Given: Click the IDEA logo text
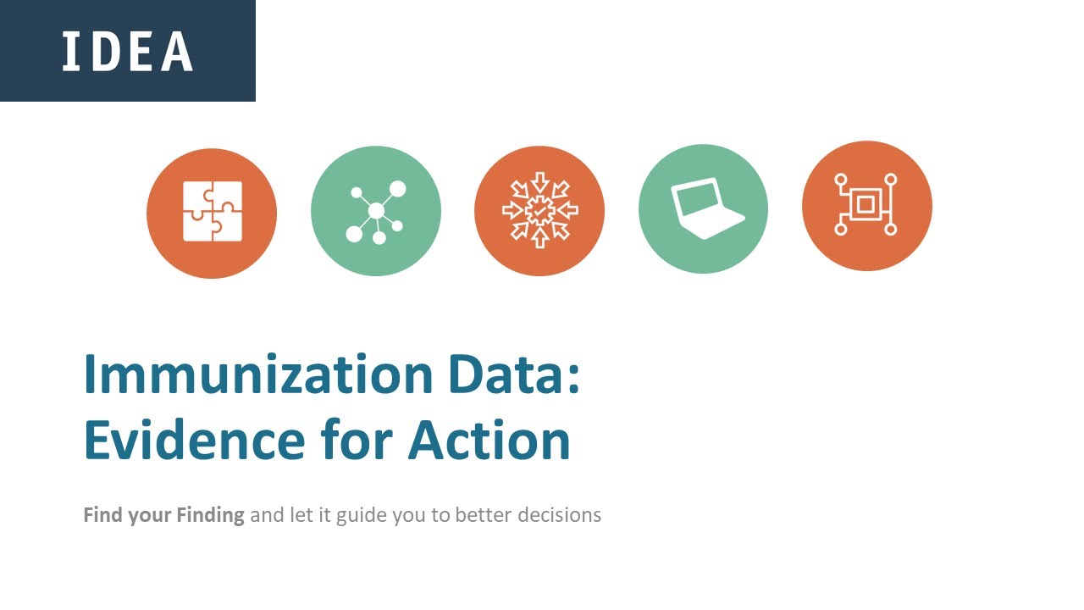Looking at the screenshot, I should (x=127, y=51).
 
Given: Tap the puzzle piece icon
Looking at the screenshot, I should (x=212, y=212).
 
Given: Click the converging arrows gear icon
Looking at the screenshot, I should (x=539, y=210).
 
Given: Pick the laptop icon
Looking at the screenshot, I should (x=704, y=208).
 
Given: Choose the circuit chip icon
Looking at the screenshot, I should (x=866, y=205).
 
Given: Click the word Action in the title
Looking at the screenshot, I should (x=489, y=441).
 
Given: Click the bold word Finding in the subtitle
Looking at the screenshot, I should (x=210, y=514).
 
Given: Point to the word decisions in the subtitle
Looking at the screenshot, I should (x=559, y=514).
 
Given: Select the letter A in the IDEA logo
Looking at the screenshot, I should (x=178, y=51).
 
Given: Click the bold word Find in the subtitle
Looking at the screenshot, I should (x=102, y=514).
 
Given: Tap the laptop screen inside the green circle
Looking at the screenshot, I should (x=698, y=201).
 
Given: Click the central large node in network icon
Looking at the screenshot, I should (x=376, y=209).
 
